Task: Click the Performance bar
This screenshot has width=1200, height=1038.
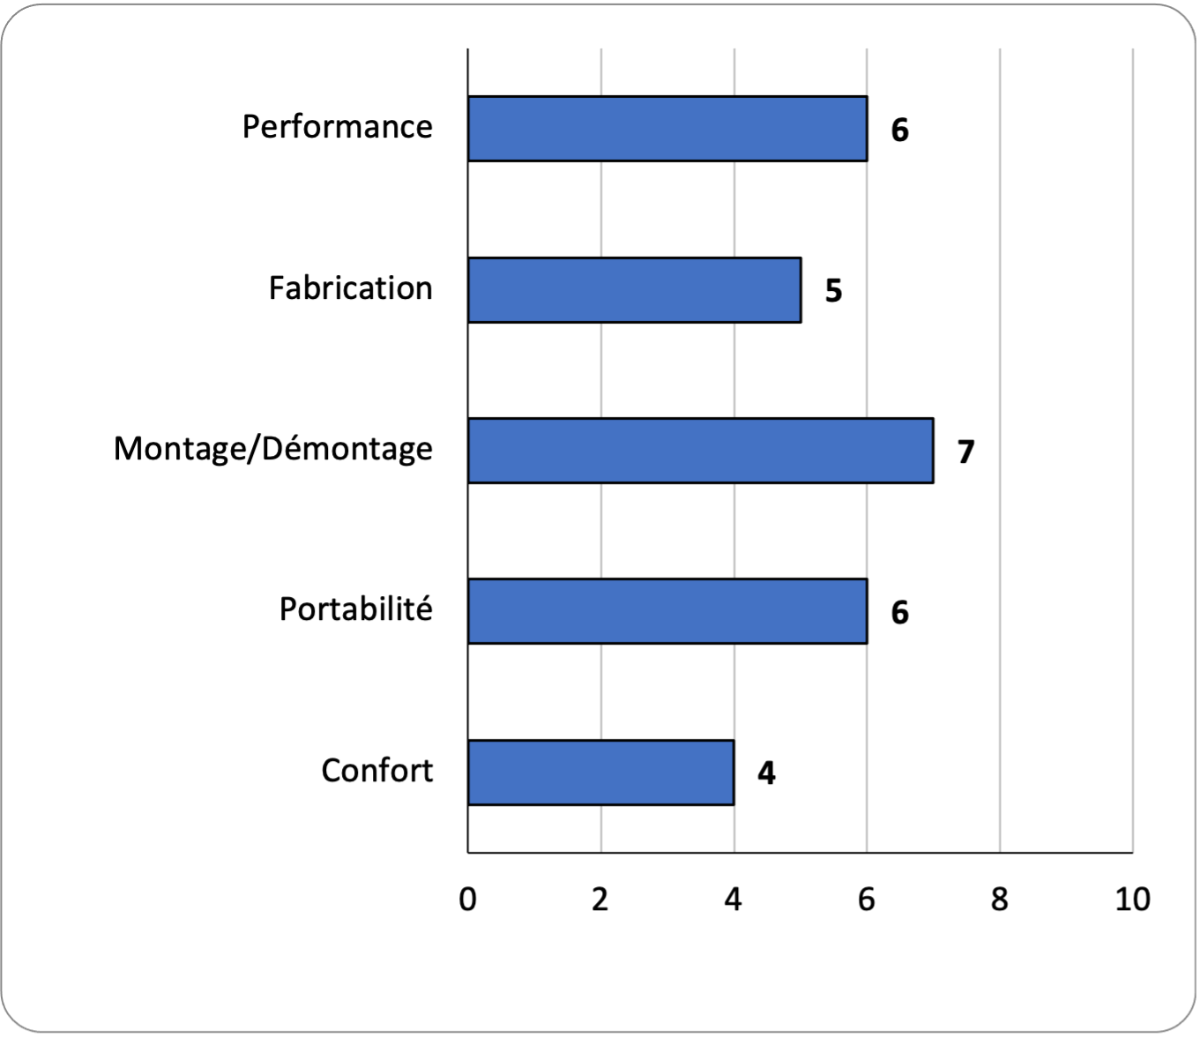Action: click(667, 128)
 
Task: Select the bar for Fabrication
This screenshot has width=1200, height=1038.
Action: click(635, 289)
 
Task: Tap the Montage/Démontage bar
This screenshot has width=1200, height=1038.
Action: click(701, 451)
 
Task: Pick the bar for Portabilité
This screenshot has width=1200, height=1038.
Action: click(667, 611)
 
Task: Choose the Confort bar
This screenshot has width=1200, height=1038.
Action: click(600, 773)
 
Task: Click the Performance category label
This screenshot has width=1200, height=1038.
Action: click(338, 127)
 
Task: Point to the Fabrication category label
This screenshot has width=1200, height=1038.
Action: click(351, 288)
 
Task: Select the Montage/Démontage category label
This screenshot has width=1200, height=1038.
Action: click(272, 450)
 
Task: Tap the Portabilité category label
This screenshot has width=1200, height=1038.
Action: click(356, 609)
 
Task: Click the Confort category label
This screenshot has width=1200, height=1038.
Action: click(377, 771)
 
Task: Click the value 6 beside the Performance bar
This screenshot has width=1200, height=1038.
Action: click(900, 130)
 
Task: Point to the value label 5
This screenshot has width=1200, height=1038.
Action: click(834, 290)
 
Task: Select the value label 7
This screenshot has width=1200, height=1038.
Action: click(966, 452)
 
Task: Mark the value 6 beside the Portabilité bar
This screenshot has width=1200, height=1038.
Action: click(900, 612)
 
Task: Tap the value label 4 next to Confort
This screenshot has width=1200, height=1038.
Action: click(766, 773)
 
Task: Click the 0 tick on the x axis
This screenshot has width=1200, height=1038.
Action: click(467, 900)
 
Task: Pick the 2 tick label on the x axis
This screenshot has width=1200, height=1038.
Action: click(600, 900)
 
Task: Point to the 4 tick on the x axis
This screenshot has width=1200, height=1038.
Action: click(734, 900)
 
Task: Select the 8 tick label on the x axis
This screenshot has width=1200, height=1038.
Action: click(999, 900)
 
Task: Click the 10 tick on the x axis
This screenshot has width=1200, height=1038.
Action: click(1132, 900)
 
